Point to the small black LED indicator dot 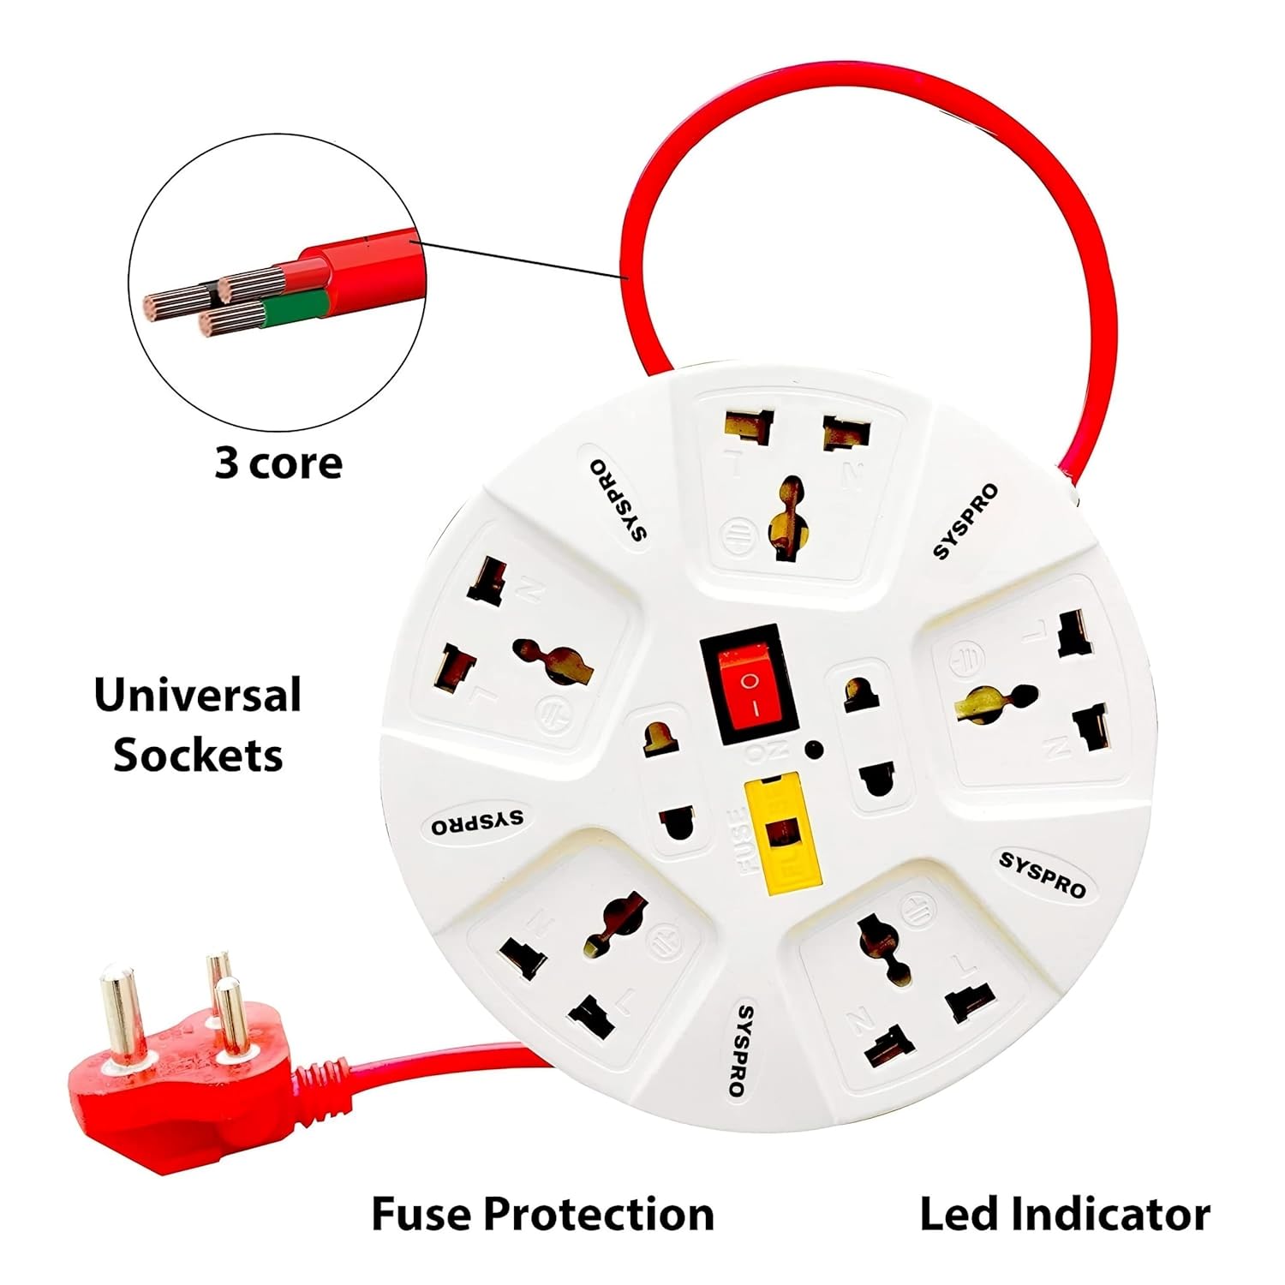coord(811,750)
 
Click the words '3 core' coord(278,463)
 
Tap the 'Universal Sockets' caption coord(198,725)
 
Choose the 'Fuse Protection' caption coord(542,1214)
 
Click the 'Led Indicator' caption coord(1065,1214)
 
